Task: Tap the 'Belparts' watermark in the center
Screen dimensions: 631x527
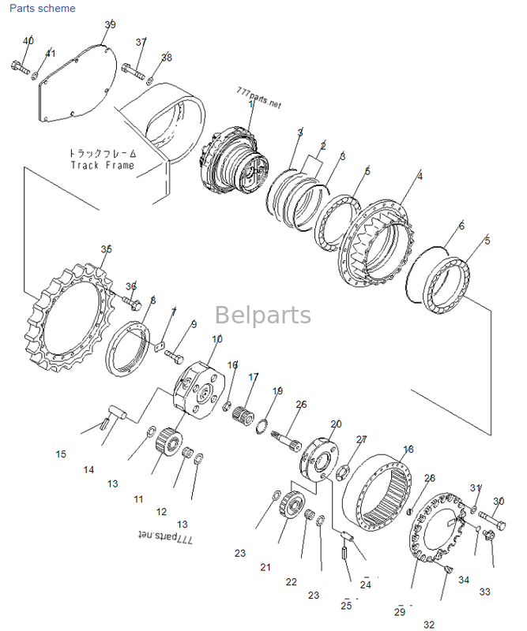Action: pos(263,315)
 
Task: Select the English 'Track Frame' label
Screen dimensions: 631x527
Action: pos(102,166)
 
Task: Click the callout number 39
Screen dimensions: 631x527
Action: pos(110,25)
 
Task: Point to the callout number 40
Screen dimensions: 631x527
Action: pos(28,41)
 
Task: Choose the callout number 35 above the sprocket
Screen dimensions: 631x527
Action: pos(107,249)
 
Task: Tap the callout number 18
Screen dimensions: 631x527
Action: pos(408,450)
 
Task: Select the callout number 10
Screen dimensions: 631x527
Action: pos(217,339)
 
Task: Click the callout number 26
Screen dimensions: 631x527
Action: pos(301,405)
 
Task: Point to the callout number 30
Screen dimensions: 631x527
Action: pos(499,502)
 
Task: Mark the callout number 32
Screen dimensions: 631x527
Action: pos(429,624)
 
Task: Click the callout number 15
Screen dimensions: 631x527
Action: pos(61,454)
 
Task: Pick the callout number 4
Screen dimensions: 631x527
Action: pos(420,177)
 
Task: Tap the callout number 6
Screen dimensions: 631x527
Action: pos(461,226)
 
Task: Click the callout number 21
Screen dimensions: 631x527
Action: pos(265,567)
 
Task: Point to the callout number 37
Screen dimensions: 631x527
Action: pos(141,42)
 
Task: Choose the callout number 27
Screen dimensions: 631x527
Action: pos(361,439)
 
